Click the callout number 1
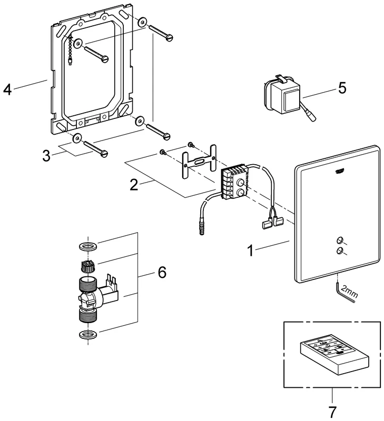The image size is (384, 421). (x=252, y=250)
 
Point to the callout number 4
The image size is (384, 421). (x=7, y=89)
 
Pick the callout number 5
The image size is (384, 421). (x=342, y=87)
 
